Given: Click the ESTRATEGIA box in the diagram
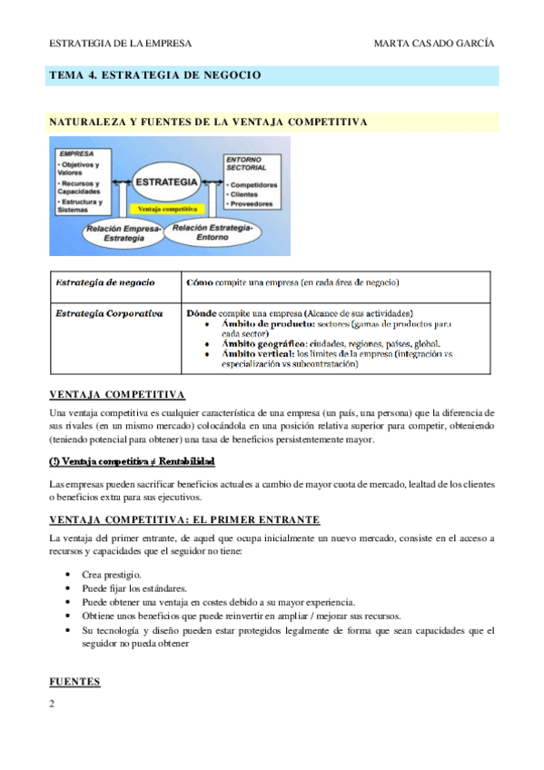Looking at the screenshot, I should click(166, 183).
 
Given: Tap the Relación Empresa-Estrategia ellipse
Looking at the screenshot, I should click(123, 233).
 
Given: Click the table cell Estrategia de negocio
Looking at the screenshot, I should click(104, 283).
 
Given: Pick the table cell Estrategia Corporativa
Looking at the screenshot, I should click(109, 313).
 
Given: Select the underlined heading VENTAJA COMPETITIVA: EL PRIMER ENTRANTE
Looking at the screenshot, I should click(183, 519).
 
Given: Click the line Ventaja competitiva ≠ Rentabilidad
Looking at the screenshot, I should click(132, 461).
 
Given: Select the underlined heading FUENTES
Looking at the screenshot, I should click(74, 681).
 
